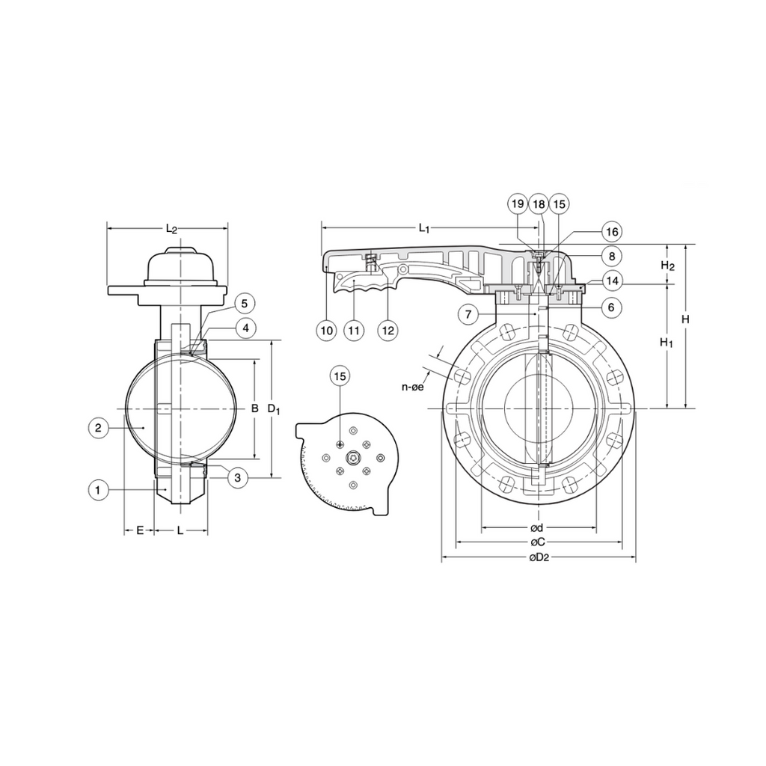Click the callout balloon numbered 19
click(518, 203)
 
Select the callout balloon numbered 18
click(539, 203)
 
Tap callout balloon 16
click(612, 232)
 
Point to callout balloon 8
click(612, 256)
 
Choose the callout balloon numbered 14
click(612, 281)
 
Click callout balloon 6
click(612, 307)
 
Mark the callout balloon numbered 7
click(468, 314)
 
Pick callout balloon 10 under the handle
click(327, 330)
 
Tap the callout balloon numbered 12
click(388, 330)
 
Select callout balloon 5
click(245, 304)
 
